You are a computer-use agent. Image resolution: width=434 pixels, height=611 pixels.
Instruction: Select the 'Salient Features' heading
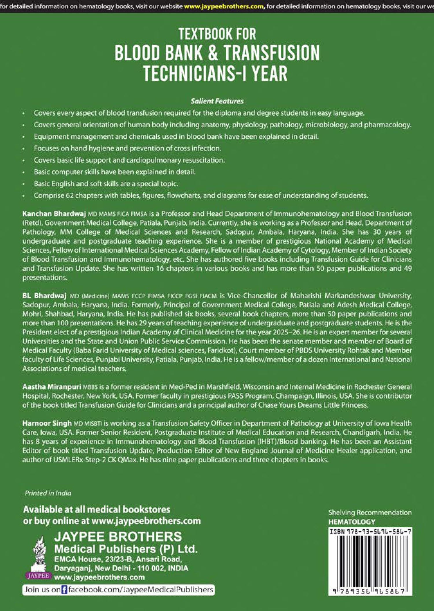(217, 101)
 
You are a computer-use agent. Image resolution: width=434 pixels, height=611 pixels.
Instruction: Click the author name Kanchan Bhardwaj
(54, 214)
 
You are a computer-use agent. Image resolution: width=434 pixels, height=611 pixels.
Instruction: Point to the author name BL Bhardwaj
(45, 296)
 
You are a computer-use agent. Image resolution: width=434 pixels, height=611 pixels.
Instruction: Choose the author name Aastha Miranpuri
(52, 387)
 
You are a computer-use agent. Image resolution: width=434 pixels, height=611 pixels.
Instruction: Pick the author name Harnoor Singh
(47, 423)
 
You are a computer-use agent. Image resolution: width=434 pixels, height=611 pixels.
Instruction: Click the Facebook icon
(64, 590)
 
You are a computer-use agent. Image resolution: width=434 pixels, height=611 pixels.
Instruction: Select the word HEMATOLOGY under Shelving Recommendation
(352, 522)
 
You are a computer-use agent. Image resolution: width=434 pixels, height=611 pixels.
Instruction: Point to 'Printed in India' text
(48, 493)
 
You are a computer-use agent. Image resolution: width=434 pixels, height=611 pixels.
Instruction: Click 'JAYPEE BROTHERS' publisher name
(118, 537)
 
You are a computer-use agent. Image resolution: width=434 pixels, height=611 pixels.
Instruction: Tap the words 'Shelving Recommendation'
(370, 513)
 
